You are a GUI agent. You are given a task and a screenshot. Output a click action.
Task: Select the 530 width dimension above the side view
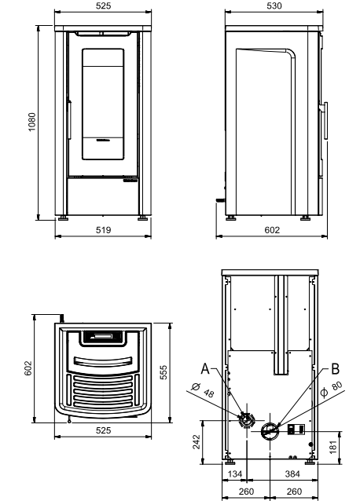[x=274, y=5]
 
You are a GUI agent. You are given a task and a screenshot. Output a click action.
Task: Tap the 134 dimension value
[x=235, y=475]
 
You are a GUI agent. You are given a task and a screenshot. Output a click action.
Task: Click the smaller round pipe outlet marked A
[x=247, y=419]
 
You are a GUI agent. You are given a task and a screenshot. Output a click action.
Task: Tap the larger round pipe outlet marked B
[x=270, y=430]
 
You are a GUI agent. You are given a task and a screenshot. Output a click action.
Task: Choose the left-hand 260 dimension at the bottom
[x=246, y=492]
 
